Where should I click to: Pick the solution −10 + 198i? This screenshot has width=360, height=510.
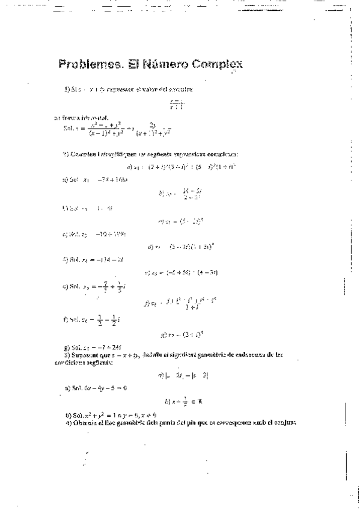(x=94, y=234)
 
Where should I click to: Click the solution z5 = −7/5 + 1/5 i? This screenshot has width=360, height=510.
(x=94, y=286)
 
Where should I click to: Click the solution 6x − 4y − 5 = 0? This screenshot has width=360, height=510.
(x=96, y=388)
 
